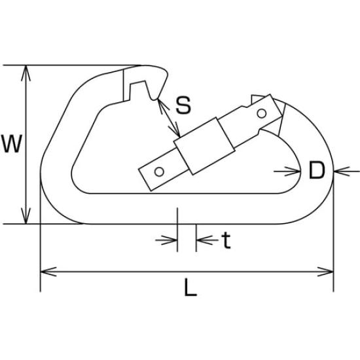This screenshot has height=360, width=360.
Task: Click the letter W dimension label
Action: [x=12, y=144]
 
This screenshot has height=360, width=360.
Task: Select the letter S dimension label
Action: [x=183, y=105]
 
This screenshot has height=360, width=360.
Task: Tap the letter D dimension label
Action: [x=317, y=170]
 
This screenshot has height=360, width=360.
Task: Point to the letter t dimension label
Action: [x=226, y=240]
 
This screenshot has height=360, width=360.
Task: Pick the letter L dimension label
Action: [x=190, y=287]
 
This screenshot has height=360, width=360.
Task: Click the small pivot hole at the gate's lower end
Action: [x=159, y=171]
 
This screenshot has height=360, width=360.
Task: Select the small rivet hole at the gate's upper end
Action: [x=262, y=113]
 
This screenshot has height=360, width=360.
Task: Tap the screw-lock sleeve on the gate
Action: [x=204, y=146]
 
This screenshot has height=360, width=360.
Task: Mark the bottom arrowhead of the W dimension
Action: [x=26, y=216]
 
